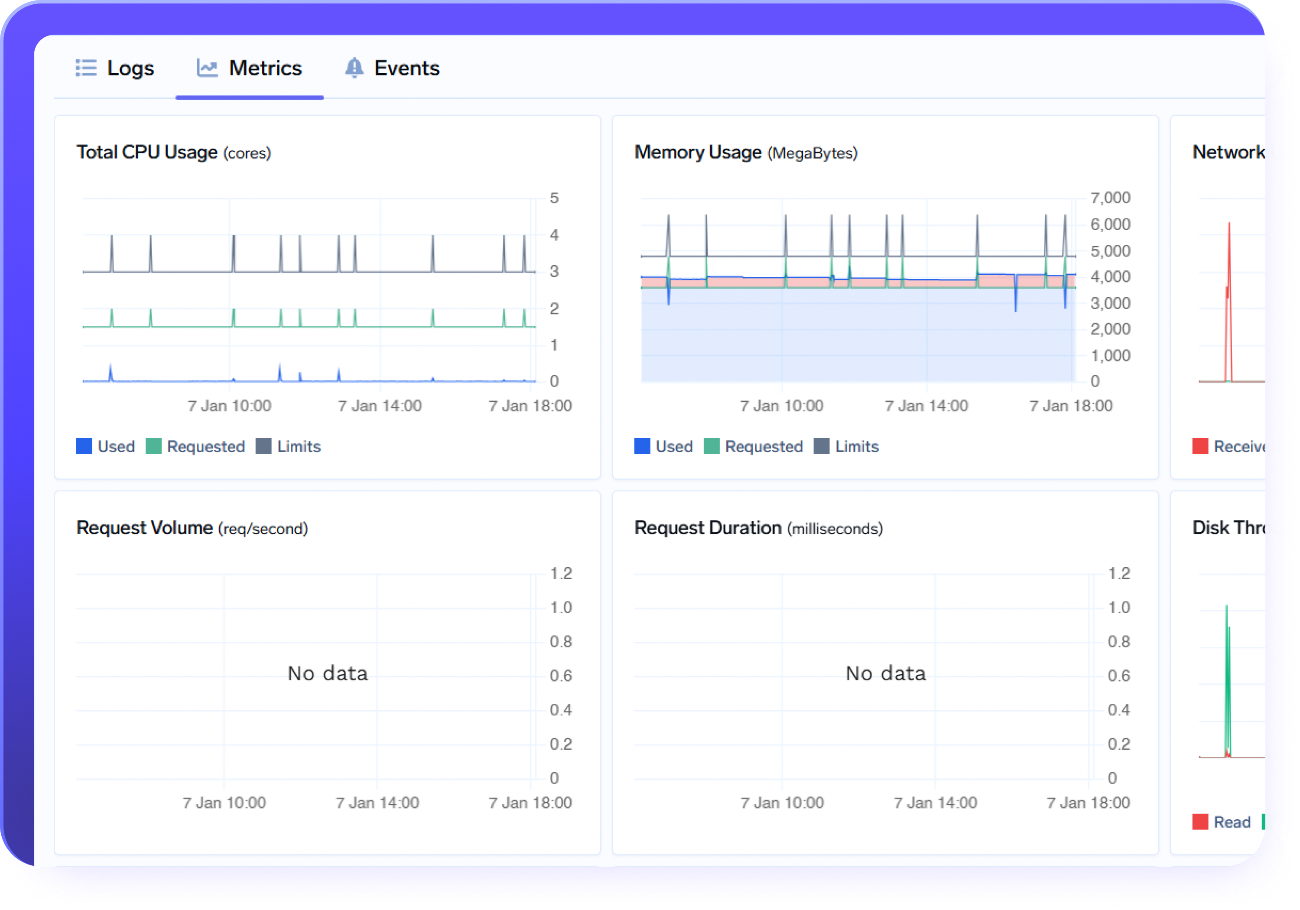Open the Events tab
pyautogui.click(x=406, y=68)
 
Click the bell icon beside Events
pyautogui.click(x=354, y=68)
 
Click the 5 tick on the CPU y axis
pyautogui.click(x=554, y=198)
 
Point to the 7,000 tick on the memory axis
pyautogui.click(x=1110, y=198)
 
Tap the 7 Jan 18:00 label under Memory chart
pyautogui.click(x=1071, y=406)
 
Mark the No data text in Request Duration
pyautogui.click(x=886, y=673)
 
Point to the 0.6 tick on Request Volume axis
pyautogui.click(x=561, y=676)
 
